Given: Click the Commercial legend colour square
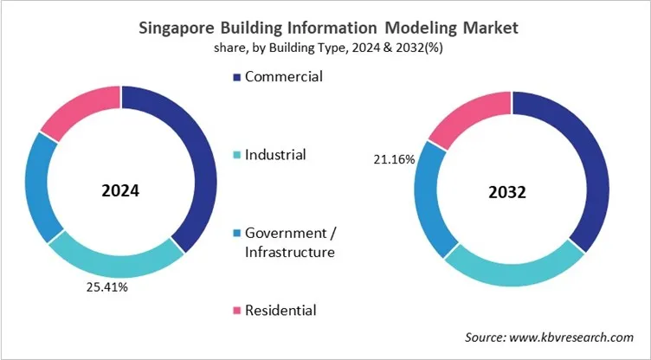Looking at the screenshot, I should point(236,78).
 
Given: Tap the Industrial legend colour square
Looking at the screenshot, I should point(236,156).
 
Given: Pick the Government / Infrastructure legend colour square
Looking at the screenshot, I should point(236,234).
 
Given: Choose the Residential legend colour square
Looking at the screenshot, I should point(236,311).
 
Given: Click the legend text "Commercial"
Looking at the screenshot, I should point(284,77).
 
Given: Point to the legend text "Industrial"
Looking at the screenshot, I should point(275,155).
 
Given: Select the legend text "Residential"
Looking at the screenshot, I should point(280,310).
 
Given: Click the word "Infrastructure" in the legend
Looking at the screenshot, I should point(289,252).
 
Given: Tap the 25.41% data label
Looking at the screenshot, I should point(106,287).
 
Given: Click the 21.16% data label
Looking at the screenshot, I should point(393,159).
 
